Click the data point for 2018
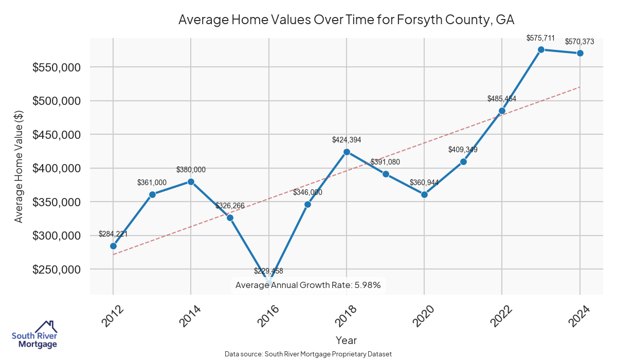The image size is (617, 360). [x=347, y=152]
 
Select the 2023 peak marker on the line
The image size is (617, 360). [x=541, y=49]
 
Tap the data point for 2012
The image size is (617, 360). [x=113, y=246]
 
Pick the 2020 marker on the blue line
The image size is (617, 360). [x=424, y=194]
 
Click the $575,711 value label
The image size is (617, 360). [x=541, y=38]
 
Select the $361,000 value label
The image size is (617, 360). [x=152, y=183]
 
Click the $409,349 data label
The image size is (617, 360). [x=463, y=150]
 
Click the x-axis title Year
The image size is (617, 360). [x=346, y=340]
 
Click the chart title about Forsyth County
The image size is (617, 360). [x=346, y=20]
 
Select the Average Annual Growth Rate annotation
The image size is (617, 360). [x=308, y=285]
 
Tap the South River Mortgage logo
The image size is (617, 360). [x=35, y=334]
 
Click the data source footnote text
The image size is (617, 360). [x=308, y=354]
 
